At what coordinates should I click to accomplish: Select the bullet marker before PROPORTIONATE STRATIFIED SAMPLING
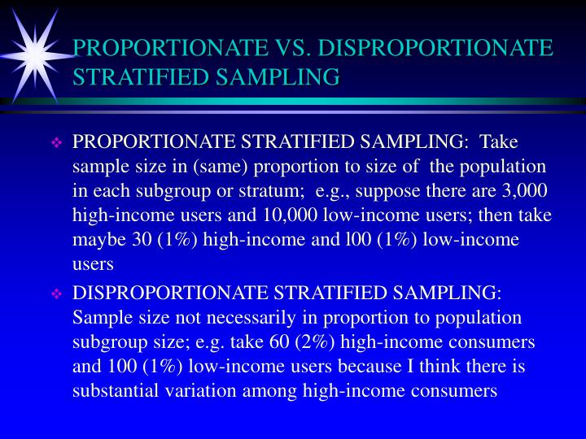57,143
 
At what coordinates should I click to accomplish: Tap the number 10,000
291,215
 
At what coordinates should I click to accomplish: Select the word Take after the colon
499,142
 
